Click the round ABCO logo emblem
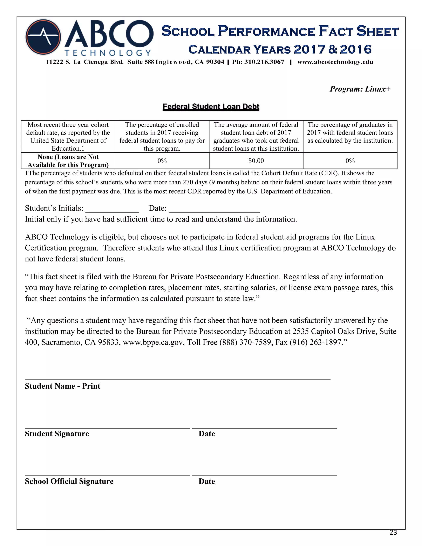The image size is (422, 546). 43,37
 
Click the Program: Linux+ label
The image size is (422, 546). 360,89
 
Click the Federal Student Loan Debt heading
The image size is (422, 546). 211,107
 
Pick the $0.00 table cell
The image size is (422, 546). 256,161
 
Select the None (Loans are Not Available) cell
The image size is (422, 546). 68,161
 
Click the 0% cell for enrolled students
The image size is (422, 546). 162,161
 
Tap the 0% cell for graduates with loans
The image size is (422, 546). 350,161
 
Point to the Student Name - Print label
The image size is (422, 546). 62,386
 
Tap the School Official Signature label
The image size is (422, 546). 69,482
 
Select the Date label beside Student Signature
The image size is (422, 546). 207,434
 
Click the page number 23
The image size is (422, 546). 393,533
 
